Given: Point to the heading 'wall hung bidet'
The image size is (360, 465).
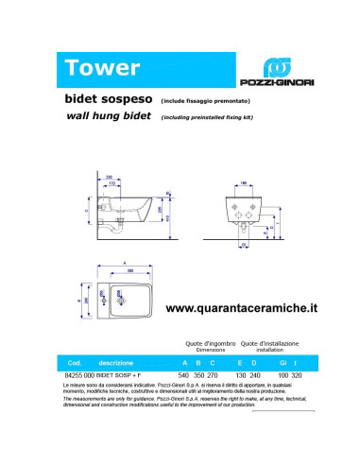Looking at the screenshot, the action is pos(108,116).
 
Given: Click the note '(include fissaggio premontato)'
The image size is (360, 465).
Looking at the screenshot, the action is pos(205,98).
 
